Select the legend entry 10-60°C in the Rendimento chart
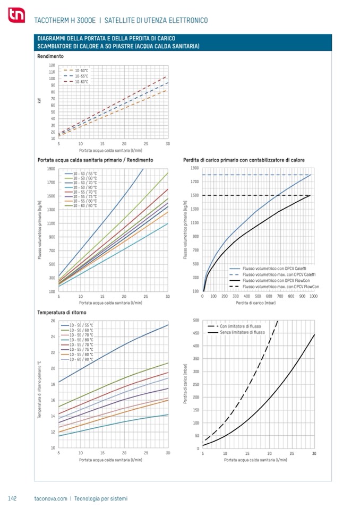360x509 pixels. (x=81, y=82)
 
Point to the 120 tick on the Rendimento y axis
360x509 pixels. (x=52, y=65)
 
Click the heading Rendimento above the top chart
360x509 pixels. (x=50, y=56)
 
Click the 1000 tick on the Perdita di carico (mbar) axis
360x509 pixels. (x=313, y=296)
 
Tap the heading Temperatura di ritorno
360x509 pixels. (x=62, y=313)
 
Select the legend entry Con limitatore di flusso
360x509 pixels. (x=241, y=326)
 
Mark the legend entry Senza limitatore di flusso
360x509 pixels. (x=242, y=332)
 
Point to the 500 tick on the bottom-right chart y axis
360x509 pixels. (x=196, y=320)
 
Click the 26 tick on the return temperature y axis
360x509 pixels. (x=53, y=321)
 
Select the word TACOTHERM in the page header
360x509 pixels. (x=51, y=21)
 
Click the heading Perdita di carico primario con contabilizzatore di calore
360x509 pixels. (x=244, y=160)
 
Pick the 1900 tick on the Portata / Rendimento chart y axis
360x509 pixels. (x=51, y=169)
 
